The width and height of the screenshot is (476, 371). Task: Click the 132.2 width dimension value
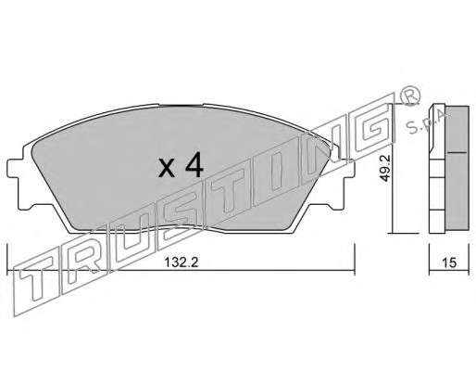click(181, 262)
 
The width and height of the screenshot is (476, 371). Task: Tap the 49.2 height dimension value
click(385, 169)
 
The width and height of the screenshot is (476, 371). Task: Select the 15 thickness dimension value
click(449, 262)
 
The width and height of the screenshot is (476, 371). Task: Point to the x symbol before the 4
click(167, 169)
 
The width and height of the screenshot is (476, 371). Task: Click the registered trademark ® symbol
click(410, 95)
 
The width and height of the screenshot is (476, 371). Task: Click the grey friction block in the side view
click(457, 168)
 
